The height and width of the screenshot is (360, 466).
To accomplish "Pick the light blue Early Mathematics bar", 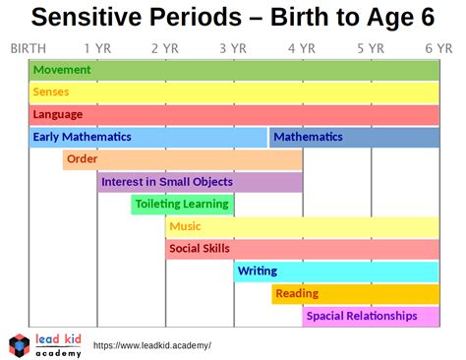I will tap(147, 138).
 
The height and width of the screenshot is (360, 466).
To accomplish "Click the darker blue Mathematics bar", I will tap(354, 138).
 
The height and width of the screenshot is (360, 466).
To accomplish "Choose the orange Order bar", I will tap(182, 160).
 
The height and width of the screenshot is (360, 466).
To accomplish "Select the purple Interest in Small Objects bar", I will tap(200, 182).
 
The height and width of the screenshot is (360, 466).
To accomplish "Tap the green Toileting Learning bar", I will tap(182, 205).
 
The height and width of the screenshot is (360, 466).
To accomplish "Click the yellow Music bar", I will tap(302, 227).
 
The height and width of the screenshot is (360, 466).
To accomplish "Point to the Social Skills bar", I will tap(302, 249).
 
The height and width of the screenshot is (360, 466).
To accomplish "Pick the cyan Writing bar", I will tap(336, 271).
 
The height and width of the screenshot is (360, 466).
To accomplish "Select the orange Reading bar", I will tap(355, 294).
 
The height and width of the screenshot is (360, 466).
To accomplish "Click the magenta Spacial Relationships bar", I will tap(371, 317).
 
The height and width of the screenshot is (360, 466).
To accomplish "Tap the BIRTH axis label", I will tap(28, 48).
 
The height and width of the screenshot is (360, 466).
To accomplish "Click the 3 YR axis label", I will tap(233, 48).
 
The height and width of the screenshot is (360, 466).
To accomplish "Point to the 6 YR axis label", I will tap(438, 48).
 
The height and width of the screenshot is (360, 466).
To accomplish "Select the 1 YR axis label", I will tap(96, 48).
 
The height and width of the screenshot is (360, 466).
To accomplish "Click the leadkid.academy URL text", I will tap(151, 346).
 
